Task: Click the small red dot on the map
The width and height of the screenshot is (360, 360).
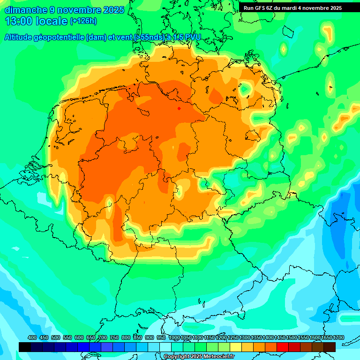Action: [179, 108]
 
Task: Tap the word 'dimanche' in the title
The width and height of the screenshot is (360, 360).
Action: [26, 10]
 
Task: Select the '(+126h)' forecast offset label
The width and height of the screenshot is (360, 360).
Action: [83, 21]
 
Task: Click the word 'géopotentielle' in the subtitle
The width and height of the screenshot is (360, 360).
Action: [61, 37]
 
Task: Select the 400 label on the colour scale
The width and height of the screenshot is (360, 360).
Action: [32, 338]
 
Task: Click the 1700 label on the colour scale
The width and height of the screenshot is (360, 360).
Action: [326, 338]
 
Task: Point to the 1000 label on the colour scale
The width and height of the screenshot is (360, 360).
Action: [174, 338]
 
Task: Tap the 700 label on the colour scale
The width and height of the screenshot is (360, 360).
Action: [103, 338]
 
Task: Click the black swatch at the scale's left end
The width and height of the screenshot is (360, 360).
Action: [25, 347]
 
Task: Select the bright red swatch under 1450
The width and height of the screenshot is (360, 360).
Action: [283, 347]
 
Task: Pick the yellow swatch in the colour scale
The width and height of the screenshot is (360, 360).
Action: [236, 347]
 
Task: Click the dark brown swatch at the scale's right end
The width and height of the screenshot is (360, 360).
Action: [330, 347]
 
